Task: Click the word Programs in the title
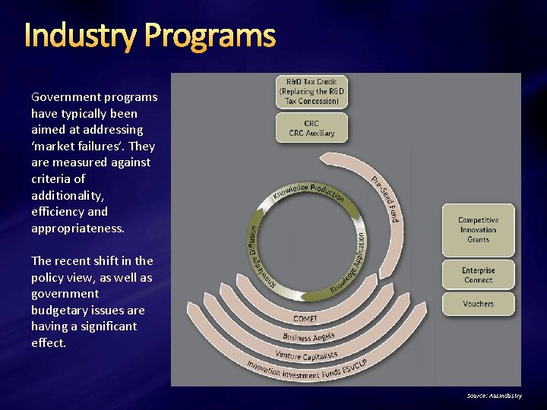[210, 36]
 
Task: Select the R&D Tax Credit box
[312, 91]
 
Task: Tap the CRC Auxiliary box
[312, 128]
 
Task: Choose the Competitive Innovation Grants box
[478, 230]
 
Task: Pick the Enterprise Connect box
[478, 275]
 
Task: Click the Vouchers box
[478, 304]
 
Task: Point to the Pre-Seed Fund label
[385, 199]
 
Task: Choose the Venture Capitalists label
[306, 355]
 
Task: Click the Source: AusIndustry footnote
[494, 396]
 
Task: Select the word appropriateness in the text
[77, 228]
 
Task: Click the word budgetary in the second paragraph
[58, 310]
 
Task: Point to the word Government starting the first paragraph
[65, 97]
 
